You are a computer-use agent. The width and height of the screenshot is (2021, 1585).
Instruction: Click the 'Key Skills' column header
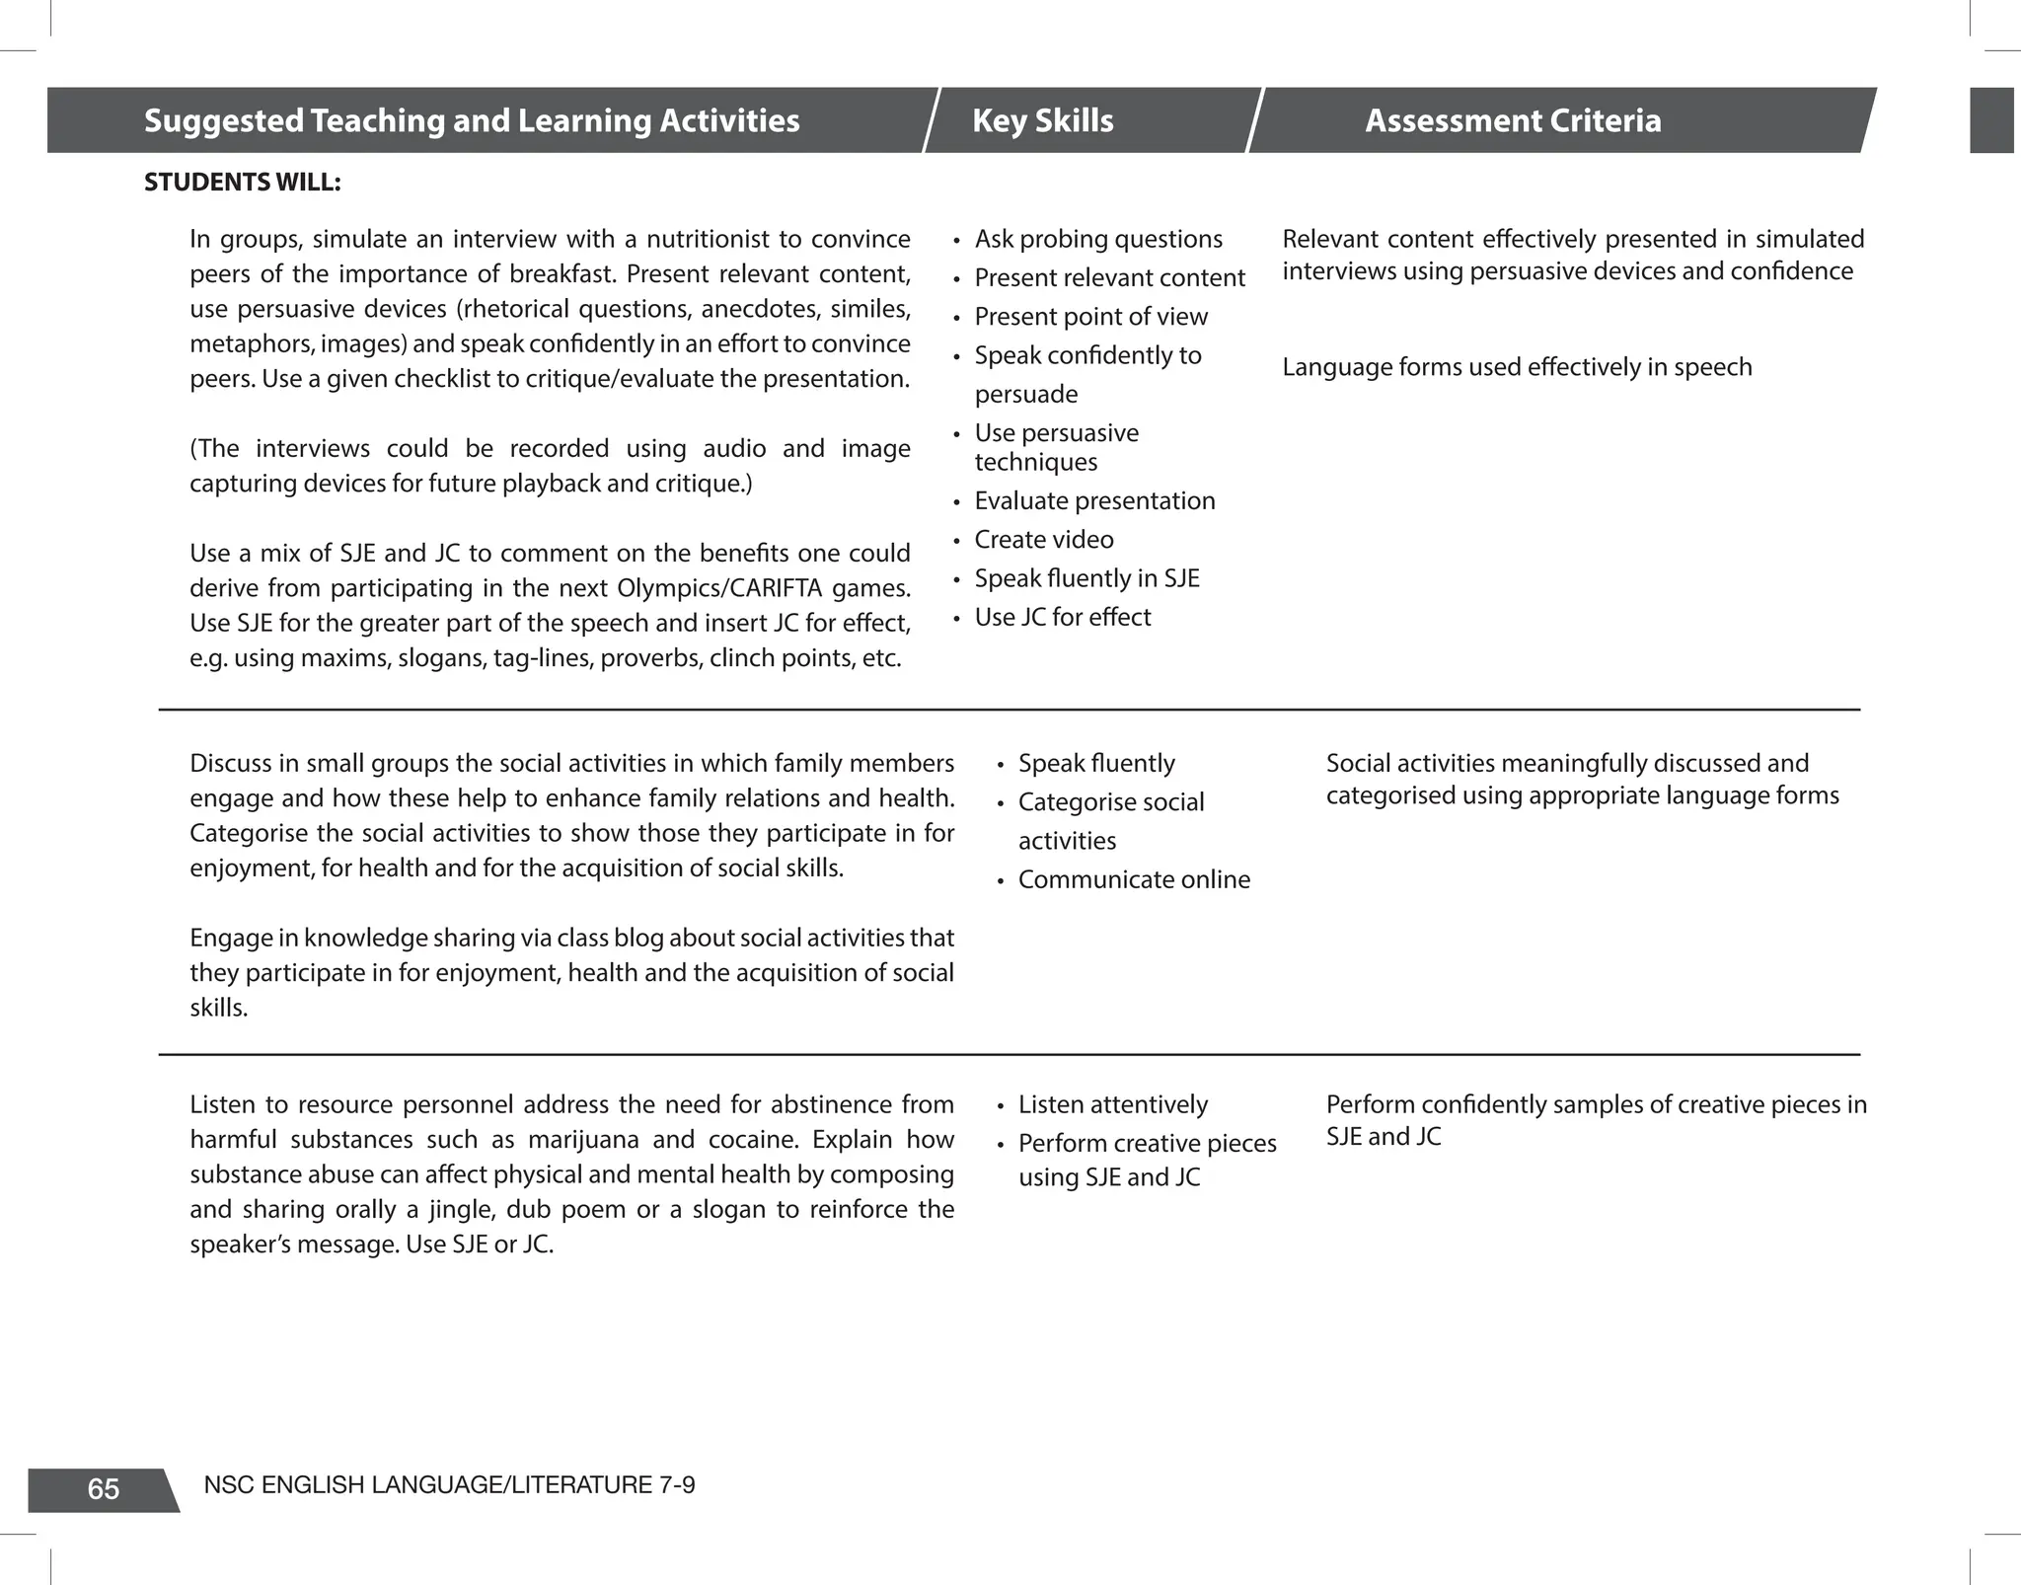(x=1042, y=120)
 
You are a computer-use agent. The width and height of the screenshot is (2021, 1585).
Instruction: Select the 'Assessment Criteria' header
(x=1512, y=120)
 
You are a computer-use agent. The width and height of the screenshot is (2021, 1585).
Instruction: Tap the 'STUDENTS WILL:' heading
(x=243, y=183)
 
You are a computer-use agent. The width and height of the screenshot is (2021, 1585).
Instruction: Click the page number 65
(x=103, y=1489)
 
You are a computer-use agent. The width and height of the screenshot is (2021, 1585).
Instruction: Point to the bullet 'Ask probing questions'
(x=1097, y=239)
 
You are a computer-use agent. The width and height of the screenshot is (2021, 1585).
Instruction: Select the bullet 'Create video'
(x=1043, y=540)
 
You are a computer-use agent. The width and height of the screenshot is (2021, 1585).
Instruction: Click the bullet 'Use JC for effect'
(x=1062, y=617)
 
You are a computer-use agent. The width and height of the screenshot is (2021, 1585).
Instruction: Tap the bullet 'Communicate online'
(x=1133, y=879)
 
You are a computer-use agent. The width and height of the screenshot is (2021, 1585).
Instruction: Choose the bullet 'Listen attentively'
(x=1112, y=1104)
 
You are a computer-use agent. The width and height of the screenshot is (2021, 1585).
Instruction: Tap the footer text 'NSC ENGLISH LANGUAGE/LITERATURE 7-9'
(x=449, y=1484)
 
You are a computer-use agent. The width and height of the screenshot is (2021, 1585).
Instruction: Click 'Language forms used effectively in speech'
(x=1516, y=367)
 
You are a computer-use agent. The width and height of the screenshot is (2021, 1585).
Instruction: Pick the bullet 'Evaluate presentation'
(x=1093, y=501)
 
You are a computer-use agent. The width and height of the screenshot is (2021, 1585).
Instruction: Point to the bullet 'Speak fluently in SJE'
(x=1085, y=578)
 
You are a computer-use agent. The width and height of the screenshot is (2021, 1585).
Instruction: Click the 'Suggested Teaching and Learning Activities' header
(x=472, y=120)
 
